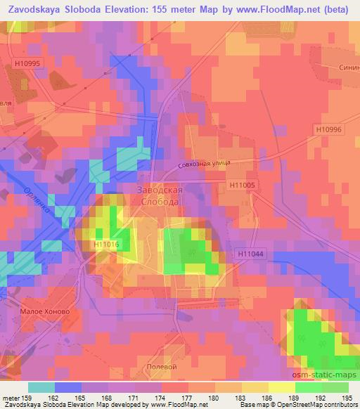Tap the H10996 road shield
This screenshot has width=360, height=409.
pos(328,129)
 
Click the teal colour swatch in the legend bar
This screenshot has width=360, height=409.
pos(41,387)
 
